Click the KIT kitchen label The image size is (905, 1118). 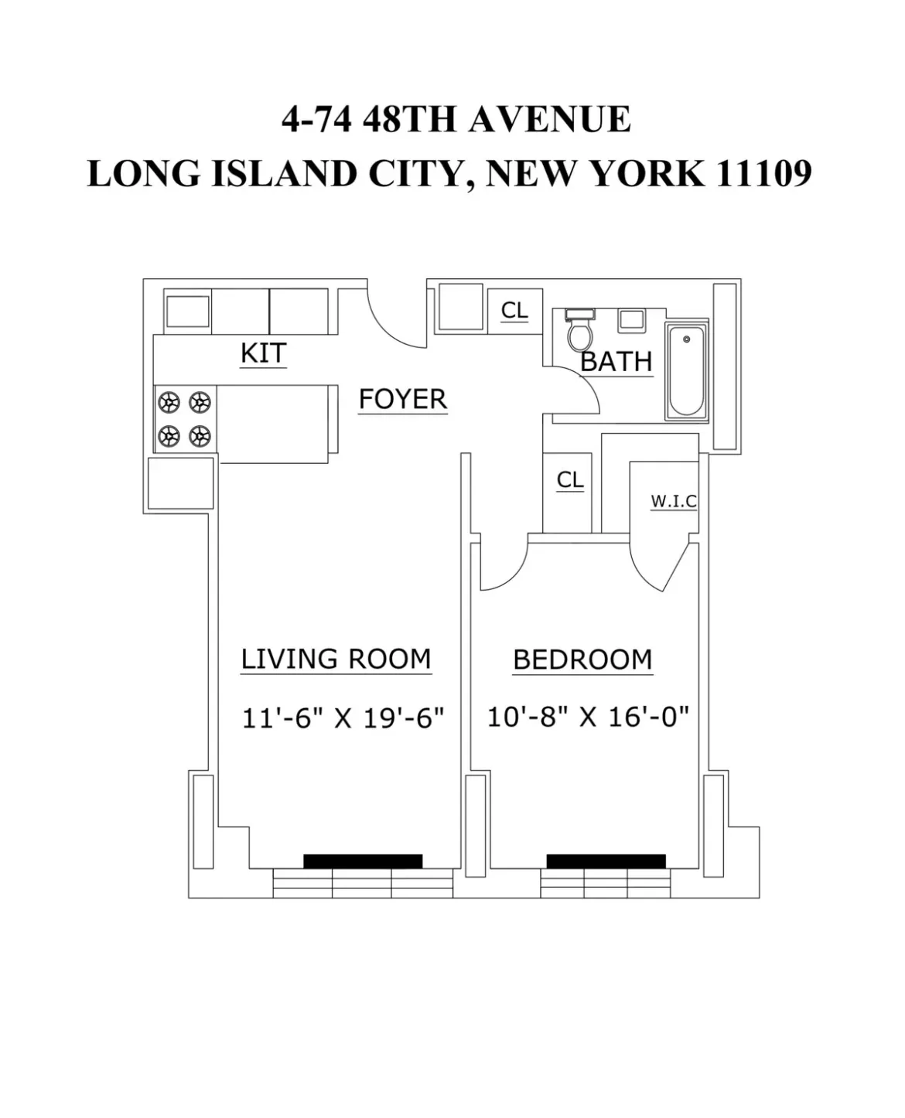(x=263, y=353)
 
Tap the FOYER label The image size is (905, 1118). (x=403, y=400)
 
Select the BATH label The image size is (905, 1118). (x=616, y=361)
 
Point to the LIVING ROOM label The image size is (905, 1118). (x=336, y=660)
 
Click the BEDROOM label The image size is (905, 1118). (x=582, y=660)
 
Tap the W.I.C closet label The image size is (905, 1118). (x=673, y=501)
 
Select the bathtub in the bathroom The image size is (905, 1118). (x=687, y=371)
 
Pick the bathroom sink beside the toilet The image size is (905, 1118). (x=633, y=321)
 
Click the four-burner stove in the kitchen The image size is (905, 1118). (x=185, y=419)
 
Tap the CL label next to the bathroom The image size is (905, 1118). (x=514, y=310)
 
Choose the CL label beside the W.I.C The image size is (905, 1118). (x=570, y=480)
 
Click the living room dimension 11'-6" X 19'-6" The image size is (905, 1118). (x=343, y=718)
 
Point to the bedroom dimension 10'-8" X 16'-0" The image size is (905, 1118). (x=588, y=717)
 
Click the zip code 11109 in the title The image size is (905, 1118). (x=763, y=173)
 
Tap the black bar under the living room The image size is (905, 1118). (x=363, y=861)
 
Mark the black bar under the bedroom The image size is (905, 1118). (x=606, y=861)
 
